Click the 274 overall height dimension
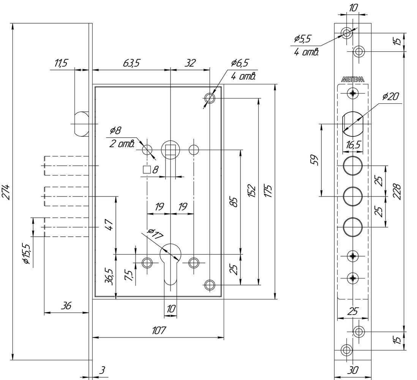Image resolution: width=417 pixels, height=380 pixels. pos(6,192)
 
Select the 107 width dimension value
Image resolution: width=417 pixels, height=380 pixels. pos(159,330)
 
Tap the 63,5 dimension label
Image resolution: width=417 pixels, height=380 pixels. pos(131,63)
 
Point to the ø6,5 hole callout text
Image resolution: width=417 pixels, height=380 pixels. pos(240,63)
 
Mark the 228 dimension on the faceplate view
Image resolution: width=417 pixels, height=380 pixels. pos(396,191)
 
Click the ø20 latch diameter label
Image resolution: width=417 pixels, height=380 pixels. pos(391,97)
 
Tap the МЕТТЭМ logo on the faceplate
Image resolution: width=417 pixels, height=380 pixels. pos(353,79)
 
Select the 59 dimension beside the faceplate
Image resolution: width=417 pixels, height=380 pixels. pos(314,160)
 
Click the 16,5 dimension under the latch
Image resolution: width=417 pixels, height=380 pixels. pos(353,145)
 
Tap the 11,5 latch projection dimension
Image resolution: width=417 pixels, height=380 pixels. pos(61,63)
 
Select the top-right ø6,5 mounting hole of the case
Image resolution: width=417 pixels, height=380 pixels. pos(210,98)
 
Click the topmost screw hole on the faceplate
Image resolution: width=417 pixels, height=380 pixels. pos(347,33)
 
